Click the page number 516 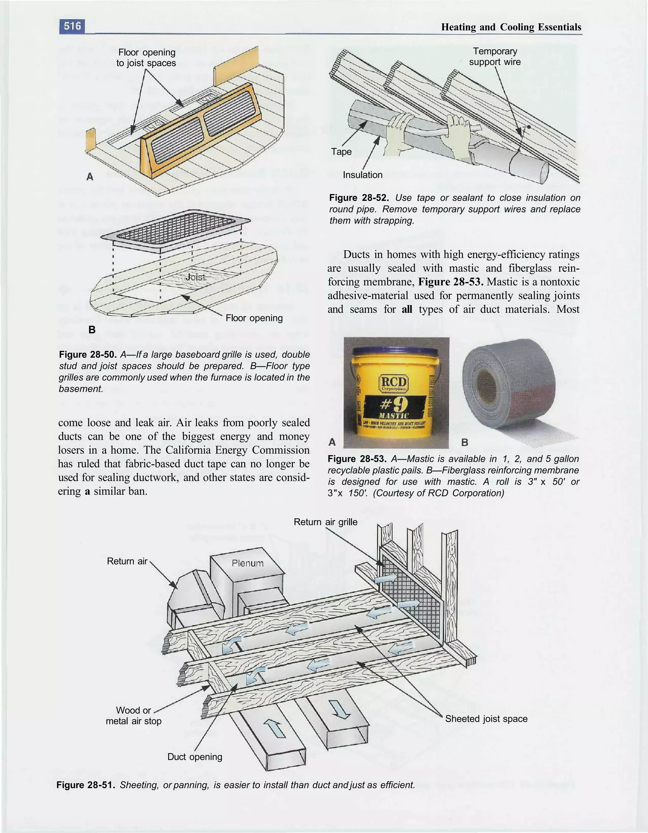tap(72, 26)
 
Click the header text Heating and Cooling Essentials tap(511, 27)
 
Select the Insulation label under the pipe tap(362, 175)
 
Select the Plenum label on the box tap(247, 563)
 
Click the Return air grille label tap(325, 522)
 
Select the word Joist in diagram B tap(195, 277)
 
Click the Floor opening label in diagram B tap(254, 318)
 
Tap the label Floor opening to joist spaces tap(146, 58)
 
